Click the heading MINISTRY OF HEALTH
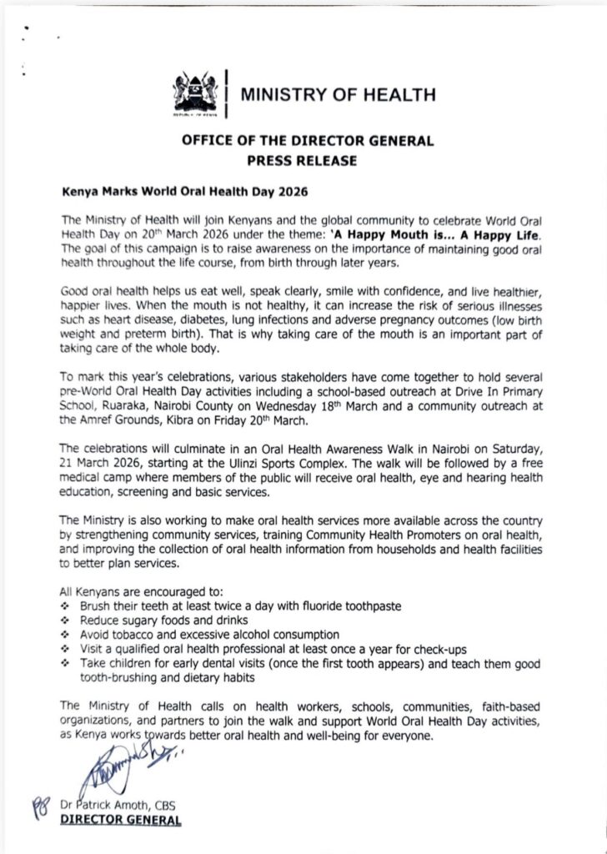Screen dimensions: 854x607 pyautogui.click(x=337, y=95)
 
